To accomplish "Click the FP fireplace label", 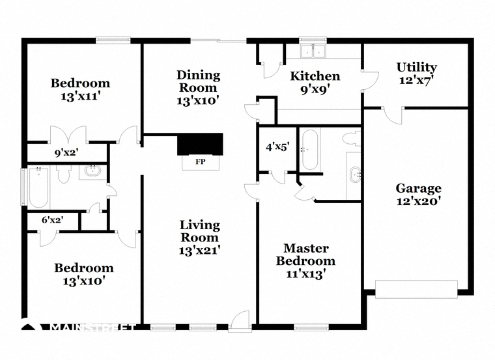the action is click(x=201, y=162).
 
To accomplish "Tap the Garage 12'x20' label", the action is click(x=419, y=195).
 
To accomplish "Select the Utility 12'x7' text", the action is click(x=417, y=74).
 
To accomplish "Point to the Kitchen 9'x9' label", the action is click(x=315, y=83).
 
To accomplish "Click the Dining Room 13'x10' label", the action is click(x=198, y=88).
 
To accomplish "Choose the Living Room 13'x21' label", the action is click(x=200, y=238).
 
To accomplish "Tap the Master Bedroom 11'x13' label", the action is click(x=305, y=261).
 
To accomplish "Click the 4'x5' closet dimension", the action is click(x=277, y=146).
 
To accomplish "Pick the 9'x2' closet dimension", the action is click(x=66, y=153).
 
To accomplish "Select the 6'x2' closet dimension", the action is click(x=53, y=220).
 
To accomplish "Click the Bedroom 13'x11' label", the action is click(x=80, y=90).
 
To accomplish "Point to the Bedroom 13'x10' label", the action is click(x=83, y=274).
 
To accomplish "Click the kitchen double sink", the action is click(x=313, y=51).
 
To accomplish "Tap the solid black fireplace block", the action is click(x=200, y=144).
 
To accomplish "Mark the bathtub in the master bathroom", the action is click(x=309, y=150).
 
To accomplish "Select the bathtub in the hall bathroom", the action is click(x=38, y=187).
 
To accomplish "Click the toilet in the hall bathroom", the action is click(x=64, y=174).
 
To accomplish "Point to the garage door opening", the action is click(x=416, y=289).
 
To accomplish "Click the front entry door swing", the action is click(x=240, y=320).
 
